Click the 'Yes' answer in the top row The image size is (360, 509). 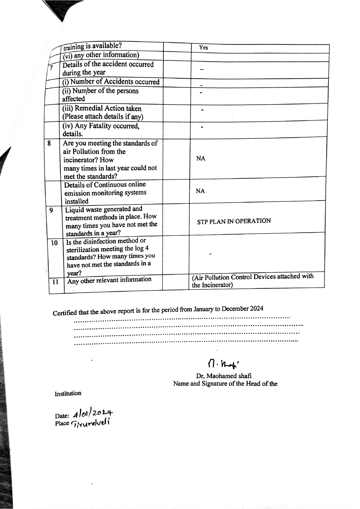(x=203, y=48)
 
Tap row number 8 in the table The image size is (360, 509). (x=49, y=143)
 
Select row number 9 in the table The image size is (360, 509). (x=51, y=210)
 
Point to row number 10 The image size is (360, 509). (x=54, y=243)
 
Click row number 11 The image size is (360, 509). (x=55, y=282)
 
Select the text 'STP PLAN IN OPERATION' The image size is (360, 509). (x=234, y=221)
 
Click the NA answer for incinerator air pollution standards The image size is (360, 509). (x=200, y=158)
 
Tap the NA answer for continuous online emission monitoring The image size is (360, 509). (x=200, y=191)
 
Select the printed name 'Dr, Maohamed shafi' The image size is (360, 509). (x=223, y=376)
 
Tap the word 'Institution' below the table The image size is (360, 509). (x=68, y=394)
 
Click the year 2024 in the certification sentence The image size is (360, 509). (x=257, y=308)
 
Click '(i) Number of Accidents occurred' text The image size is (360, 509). (x=111, y=82)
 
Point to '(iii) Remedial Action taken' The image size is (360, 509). (x=102, y=109)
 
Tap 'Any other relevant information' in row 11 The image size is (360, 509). (x=109, y=280)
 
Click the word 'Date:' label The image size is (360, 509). (x=62, y=415)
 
